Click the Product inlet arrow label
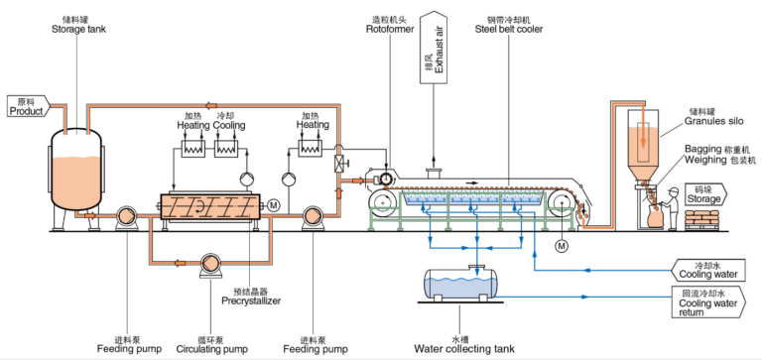tap(27, 106)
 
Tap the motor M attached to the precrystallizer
tap(272, 204)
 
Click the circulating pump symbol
tap(210, 264)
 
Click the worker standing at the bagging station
tap(673, 206)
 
